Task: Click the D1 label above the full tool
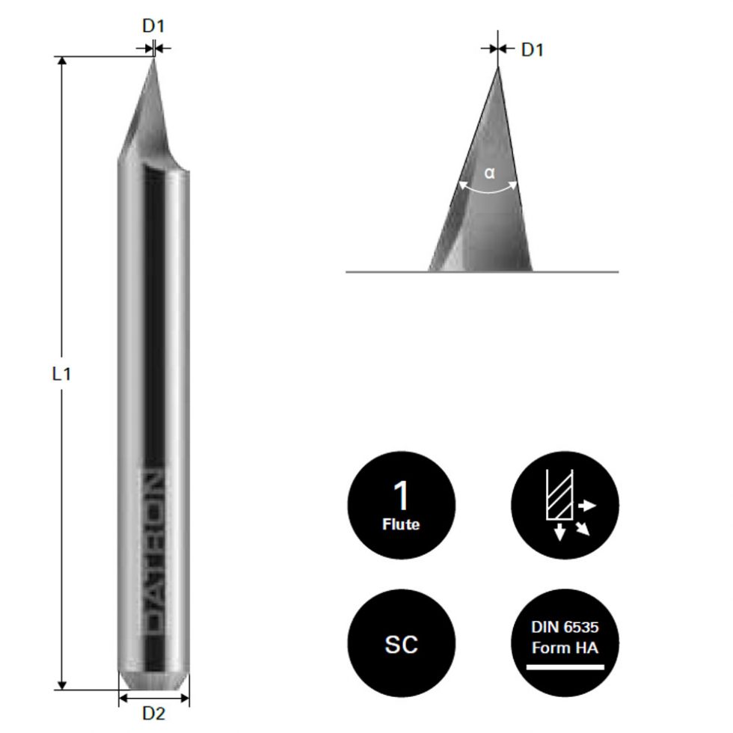coord(153,25)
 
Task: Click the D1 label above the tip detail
coord(532,50)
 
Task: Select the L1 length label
coord(61,374)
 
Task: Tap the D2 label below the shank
coord(153,713)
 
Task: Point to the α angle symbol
coord(489,173)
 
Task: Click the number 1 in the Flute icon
coord(401,496)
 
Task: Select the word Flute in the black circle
coord(401,524)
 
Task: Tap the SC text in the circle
coord(401,644)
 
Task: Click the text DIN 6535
coord(565,628)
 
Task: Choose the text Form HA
coord(565,648)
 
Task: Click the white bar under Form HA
coord(565,666)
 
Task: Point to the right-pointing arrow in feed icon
coord(588,506)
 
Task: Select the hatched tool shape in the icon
coord(559,496)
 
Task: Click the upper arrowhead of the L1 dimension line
coord(62,61)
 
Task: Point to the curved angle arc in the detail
coord(488,190)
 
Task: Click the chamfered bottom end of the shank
coord(153,682)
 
